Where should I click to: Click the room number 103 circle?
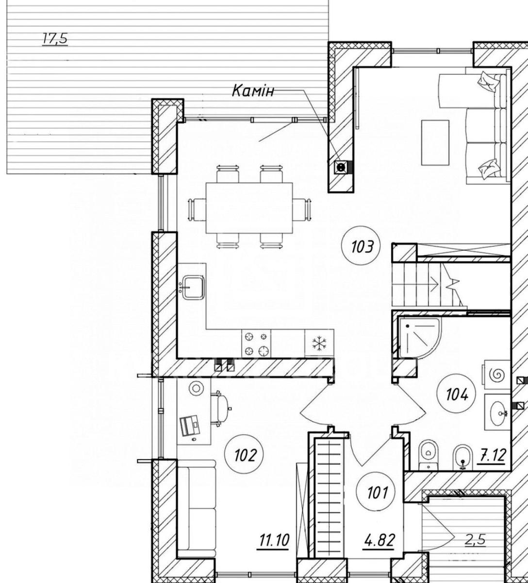pyautogui.click(x=362, y=247)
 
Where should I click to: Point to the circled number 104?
pyautogui.click(x=457, y=394)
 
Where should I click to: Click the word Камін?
pyautogui.click(x=253, y=91)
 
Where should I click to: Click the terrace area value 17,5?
pyautogui.click(x=55, y=39)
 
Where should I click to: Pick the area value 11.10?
pyautogui.click(x=274, y=540)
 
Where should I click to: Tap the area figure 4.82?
pyautogui.click(x=379, y=540)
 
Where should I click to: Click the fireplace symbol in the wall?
pyautogui.click(x=341, y=167)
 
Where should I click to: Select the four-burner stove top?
pyautogui.click(x=256, y=343)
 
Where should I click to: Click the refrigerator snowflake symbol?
pyautogui.click(x=319, y=343)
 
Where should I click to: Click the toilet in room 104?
pyautogui.click(x=428, y=455)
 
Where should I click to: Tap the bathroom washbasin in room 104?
pyautogui.click(x=497, y=412)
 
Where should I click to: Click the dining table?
pyautogui.click(x=249, y=207)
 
